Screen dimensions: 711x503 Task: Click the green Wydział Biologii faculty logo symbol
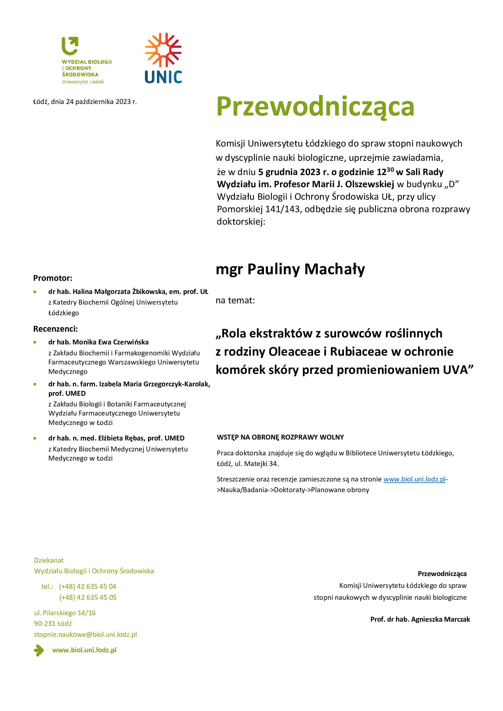pyautogui.click(x=70, y=46)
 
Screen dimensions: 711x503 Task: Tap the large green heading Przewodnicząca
pyautogui.click(x=315, y=107)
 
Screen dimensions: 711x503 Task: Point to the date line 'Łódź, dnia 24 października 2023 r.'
pyautogui.click(x=85, y=102)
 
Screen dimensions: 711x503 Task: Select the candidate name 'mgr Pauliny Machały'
pyautogui.click(x=290, y=269)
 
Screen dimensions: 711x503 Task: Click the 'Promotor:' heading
pyautogui.click(x=53, y=278)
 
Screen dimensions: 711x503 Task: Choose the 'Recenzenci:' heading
pyautogui.click(x=55, y=329)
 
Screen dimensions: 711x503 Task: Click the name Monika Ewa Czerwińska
pyautogui.click(x=111, y=342)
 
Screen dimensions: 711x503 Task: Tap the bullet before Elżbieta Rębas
pyautogui.click(x=35, y=438)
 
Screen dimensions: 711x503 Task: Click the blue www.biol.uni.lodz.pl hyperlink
pyautogui.click(x=414, y=479)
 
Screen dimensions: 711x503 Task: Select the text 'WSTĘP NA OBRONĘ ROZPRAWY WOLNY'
pyautogui.click(x=280, y=437)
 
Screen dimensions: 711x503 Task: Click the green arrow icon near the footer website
pyautogui.click(x=39, y=650)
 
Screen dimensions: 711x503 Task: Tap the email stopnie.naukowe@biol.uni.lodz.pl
pyautogui.click(x=85, y=634)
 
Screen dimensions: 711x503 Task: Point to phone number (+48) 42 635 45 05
pyautogui.click(x=88, y=597)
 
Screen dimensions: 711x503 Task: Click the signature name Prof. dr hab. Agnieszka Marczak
pyautogui.click(x=420, y=619)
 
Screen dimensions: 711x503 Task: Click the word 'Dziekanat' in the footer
pyautogui.click(x=49, y=560)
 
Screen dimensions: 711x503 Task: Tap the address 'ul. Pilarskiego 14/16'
pyautogui.click(x=65, y=613)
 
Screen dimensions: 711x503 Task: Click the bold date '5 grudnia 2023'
pyautogui.click(x=290, y=172)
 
